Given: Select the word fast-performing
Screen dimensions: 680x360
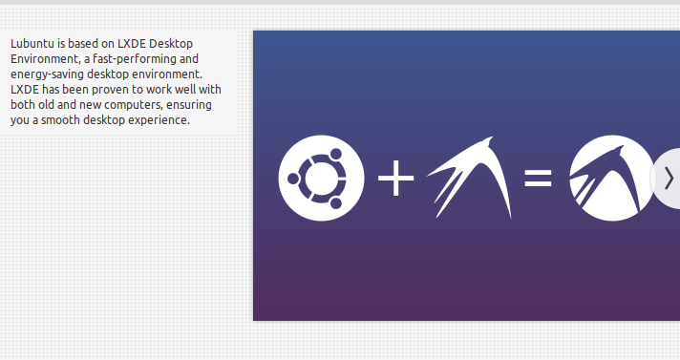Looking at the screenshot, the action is [x=135, y=59].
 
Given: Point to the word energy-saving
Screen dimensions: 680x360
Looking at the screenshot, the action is [x=47, y=74].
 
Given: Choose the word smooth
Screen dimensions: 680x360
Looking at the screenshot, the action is [x=61, y=120].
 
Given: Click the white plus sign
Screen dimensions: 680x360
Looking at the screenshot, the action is [x=396, y=178].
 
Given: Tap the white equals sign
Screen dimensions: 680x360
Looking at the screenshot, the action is [x=539, y=179].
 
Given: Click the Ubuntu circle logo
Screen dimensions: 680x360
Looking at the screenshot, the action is [x=321, y=178].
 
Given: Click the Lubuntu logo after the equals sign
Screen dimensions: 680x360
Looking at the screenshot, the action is [x=612, y=178].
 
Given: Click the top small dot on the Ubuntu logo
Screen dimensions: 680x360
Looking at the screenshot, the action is [x=335, y=154].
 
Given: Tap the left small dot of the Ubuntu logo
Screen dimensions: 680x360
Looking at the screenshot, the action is [x=293, y=179].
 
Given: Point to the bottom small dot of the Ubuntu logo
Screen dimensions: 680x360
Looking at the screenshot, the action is [x=335, y=202].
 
